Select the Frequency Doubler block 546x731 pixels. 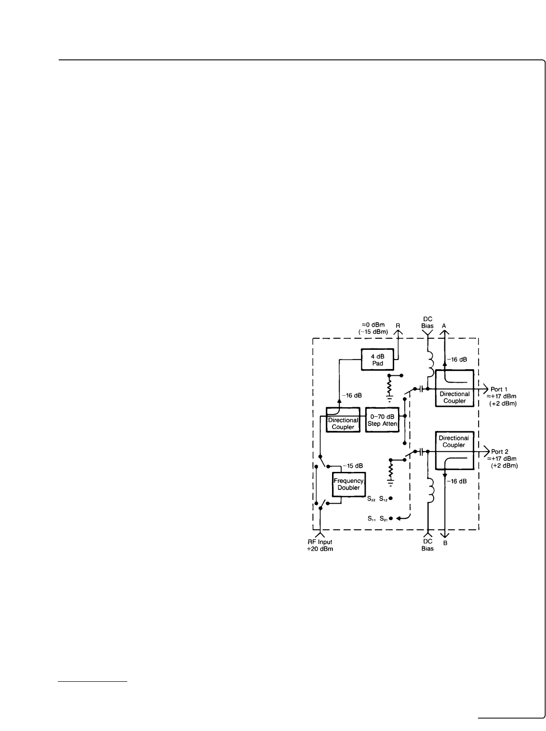point(349,484)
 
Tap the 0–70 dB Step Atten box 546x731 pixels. point(382,420)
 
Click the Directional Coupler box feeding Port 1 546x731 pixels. point(454,388)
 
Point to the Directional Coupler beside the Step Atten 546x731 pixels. point(343,420)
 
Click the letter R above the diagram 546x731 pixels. point(398,326)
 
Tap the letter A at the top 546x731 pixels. point(444,326)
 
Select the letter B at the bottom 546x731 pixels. point(445,543)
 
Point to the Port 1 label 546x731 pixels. point(499,389)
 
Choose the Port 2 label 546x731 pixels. point(499,452)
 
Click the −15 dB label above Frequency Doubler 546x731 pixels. point(352,466)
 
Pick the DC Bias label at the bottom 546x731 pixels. point(427,546)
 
